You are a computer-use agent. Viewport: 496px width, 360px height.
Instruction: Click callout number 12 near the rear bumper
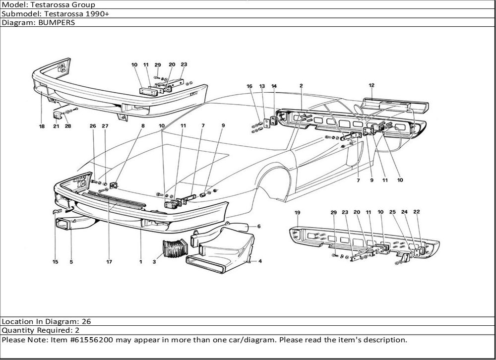tap(371, 85)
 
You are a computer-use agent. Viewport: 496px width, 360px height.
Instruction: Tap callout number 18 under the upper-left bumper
tap(42, 126)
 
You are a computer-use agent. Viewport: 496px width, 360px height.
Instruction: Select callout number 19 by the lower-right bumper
tap(298, 213)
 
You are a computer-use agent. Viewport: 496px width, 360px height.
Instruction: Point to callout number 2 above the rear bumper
tap(301, 86)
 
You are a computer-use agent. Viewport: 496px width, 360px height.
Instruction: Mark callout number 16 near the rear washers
tap(250, 86)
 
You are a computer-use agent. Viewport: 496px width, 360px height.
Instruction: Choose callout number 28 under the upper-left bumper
tap(67, 126)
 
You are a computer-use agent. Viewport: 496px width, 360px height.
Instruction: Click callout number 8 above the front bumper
tap(143, 126)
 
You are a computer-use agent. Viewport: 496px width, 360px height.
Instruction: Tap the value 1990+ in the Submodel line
tap(99, 13)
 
